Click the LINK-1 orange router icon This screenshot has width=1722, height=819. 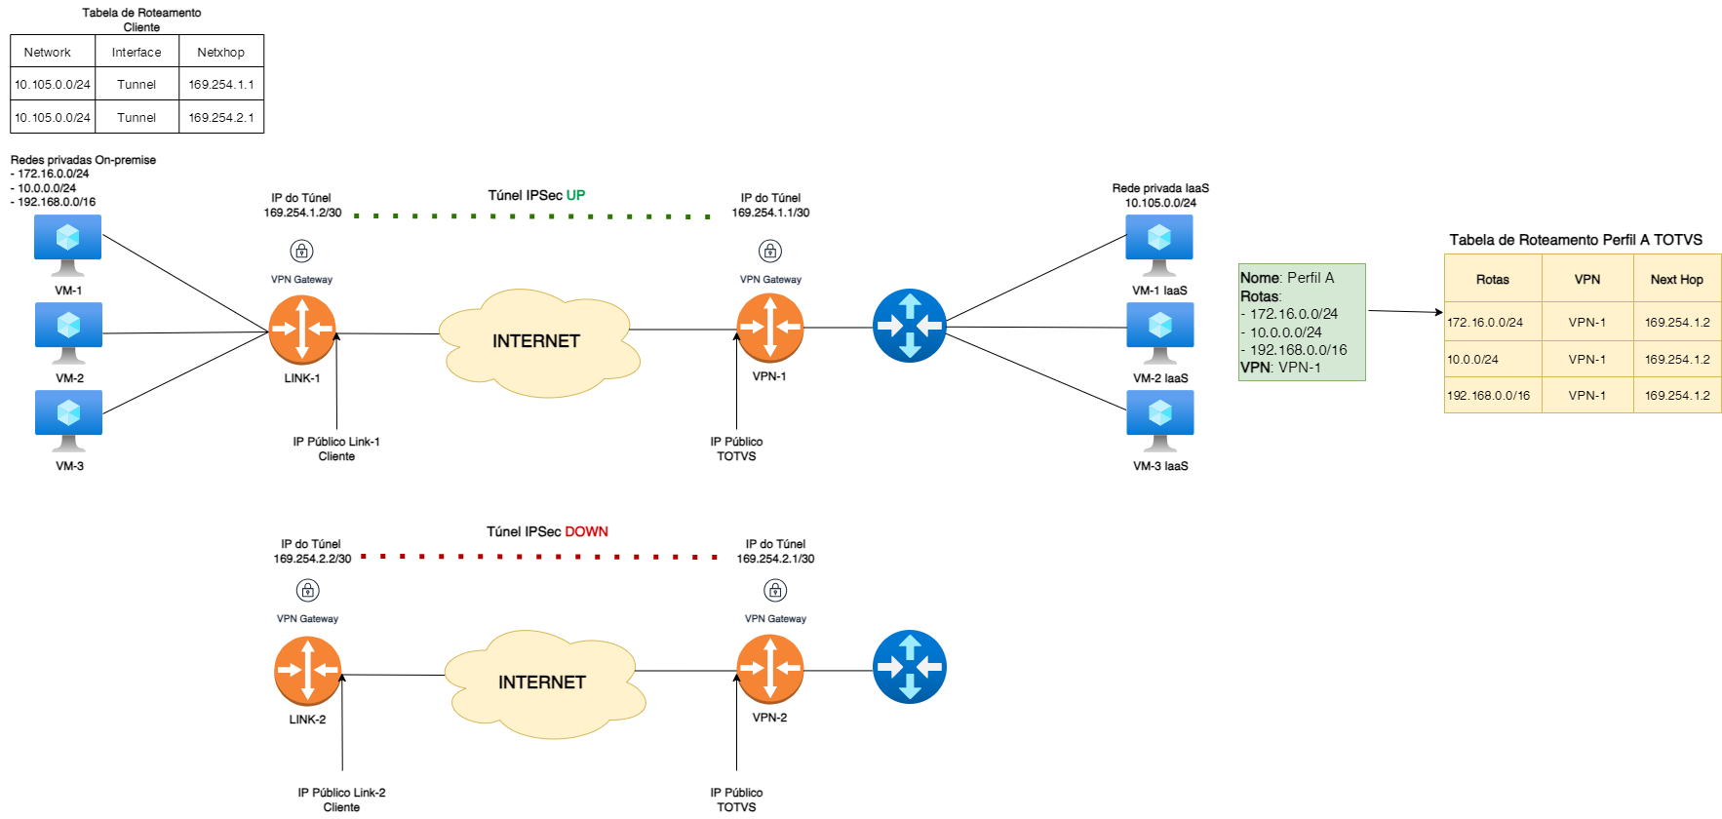pos(302,329)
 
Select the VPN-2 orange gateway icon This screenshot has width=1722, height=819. pos(770,669)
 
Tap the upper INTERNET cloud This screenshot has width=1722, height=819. pos(537,341)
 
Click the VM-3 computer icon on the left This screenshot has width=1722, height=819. pos(68,417)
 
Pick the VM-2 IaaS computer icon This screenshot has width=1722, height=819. pos(1160,330)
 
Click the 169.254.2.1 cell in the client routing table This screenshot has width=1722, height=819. pos(221,117)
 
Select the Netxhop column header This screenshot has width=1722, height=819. pos(221,52)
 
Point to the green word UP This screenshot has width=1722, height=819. pos(575,195)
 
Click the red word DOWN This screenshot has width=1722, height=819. pos(586,531)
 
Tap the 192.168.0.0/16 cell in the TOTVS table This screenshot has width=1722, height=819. pos(1489,396)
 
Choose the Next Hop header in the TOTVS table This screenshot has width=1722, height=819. pos(1676,279)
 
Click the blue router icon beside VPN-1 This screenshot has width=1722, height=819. pos(909,326)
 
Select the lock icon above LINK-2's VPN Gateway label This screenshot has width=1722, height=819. pos(307,590)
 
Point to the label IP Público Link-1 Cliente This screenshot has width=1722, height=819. pos(336,448)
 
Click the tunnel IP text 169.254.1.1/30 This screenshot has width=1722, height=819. pos(770,213)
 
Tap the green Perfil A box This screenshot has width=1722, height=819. pos(1301,322)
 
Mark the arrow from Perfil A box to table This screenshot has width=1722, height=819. pos(1404,312)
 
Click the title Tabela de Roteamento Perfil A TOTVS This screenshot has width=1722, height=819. pos(1576,240)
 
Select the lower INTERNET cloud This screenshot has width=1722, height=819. pos(543,682)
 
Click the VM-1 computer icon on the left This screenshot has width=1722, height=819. pos(68,242)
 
